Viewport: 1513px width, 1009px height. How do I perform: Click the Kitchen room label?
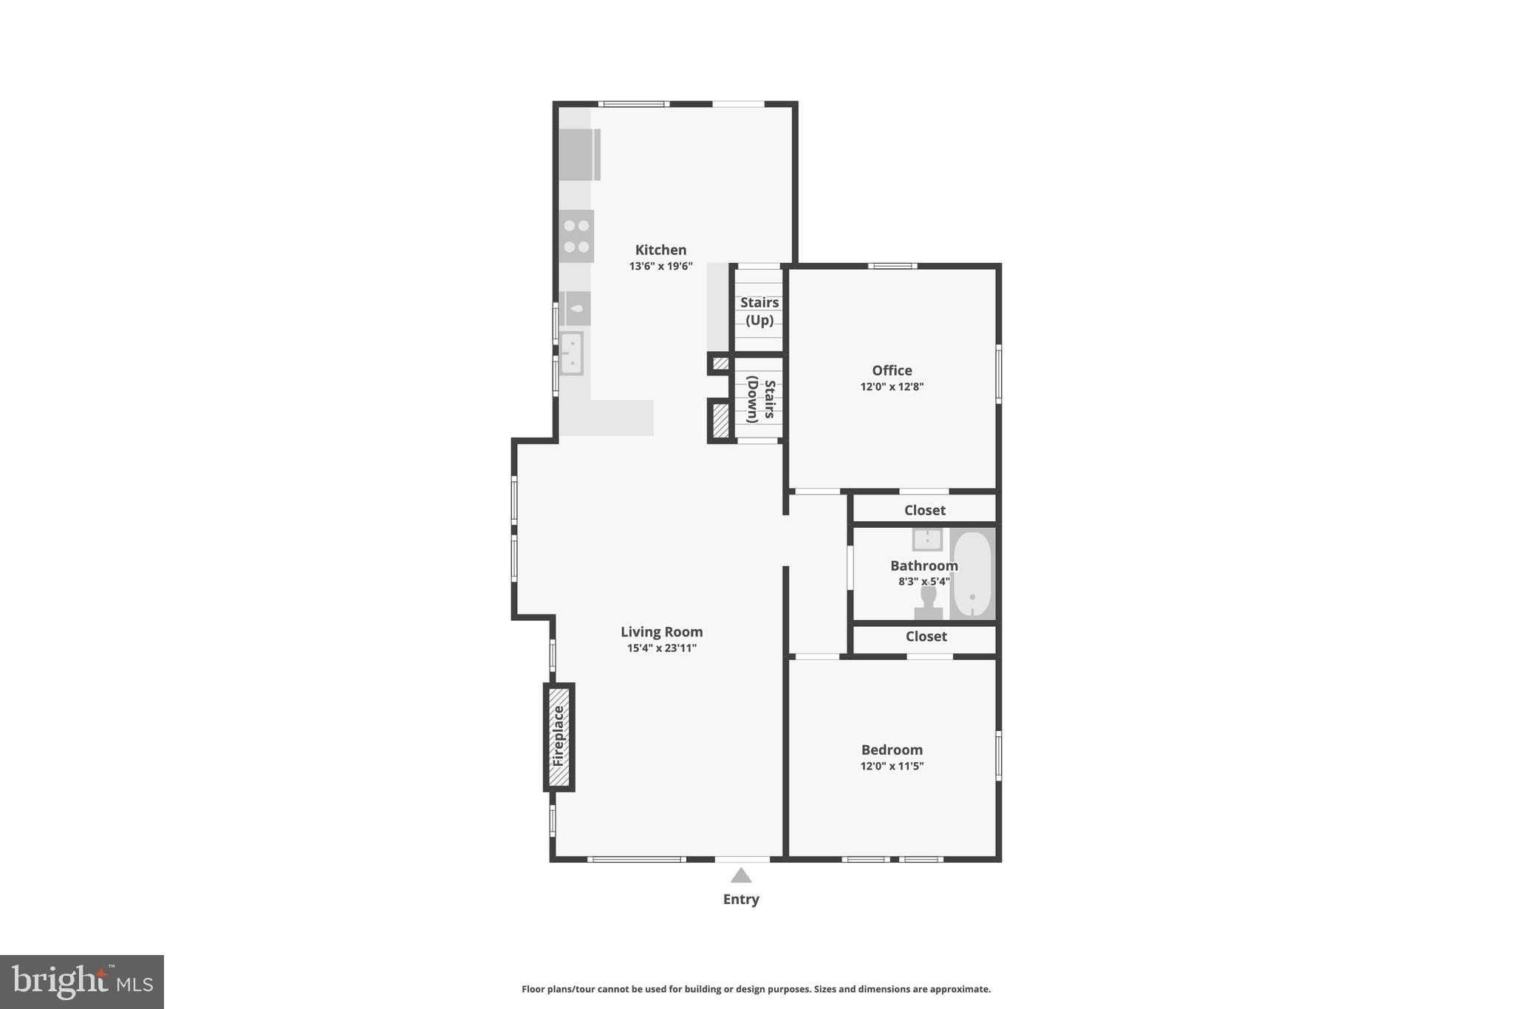click(660, 250)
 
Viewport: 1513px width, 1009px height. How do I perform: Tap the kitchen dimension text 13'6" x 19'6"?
click(660, 266)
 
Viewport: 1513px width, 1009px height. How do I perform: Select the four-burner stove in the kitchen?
click(576, 236)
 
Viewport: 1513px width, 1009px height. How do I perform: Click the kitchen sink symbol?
click(571, 353)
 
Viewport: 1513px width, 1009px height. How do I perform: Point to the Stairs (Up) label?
click(759, 311)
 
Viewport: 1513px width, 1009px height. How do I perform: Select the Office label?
click(892, 370)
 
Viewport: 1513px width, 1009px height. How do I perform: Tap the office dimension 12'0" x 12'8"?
click(892, 387)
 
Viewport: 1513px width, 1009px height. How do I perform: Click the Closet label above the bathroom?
click(925, 510)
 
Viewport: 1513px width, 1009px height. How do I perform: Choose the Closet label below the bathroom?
click(926, 636)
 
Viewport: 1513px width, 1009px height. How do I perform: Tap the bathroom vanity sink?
click(927, 539)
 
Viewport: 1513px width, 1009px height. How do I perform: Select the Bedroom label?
click(892, 750)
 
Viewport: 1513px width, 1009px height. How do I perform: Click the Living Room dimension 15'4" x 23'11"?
click(661, 648)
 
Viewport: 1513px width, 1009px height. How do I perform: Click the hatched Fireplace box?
click(559, 737)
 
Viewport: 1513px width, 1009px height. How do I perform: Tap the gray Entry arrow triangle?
click(741, 876)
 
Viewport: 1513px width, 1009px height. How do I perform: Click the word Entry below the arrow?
click(741, 899)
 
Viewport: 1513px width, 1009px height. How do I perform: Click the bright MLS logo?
click(82, 982)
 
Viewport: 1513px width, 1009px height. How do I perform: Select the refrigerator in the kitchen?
click(578, 154)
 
